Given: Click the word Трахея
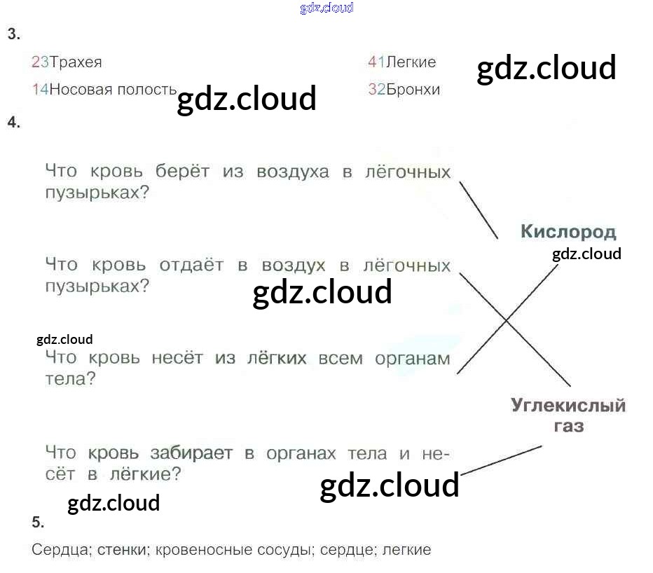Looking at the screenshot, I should coord(76,62).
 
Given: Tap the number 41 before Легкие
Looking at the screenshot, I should coord(376,62).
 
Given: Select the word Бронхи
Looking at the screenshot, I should coord(413,90).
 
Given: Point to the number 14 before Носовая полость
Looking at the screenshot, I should coord(41,90).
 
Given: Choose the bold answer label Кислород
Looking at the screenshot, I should coord(568,232).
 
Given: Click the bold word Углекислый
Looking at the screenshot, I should coord(568,406).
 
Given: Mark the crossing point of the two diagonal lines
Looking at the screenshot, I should coord(506,321).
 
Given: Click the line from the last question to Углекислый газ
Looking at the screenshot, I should coord(501,460).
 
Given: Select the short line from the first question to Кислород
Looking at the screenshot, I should coord(479,210).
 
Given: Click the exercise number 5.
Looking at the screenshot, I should coord(38,523).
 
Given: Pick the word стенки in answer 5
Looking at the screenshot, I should coord(123,550).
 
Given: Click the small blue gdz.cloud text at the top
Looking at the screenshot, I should coord(326,8).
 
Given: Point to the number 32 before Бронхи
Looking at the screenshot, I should coord(376,90).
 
